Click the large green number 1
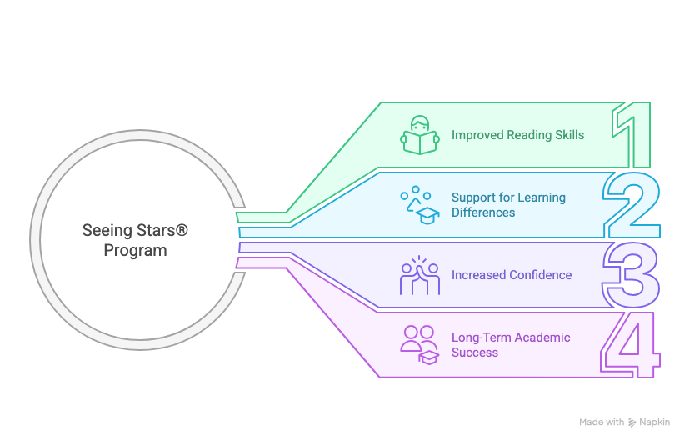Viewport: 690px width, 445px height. (x=635, y=135)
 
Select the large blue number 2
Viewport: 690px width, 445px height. (x=632, y=205)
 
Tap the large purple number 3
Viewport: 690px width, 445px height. (x=632, y=275)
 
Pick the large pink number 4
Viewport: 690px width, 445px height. (x=630, y=345)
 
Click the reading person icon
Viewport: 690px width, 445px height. (x=420, y=135)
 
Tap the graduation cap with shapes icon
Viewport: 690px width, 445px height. (x=420, y=205)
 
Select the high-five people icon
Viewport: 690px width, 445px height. (x=420, y=275)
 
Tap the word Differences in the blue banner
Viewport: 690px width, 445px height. (x=483, y=212)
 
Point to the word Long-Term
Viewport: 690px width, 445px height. (x=482, y=337)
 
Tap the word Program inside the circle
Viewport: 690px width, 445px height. (x=135, y=250)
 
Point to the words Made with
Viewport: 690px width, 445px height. (x=602, y=422)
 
